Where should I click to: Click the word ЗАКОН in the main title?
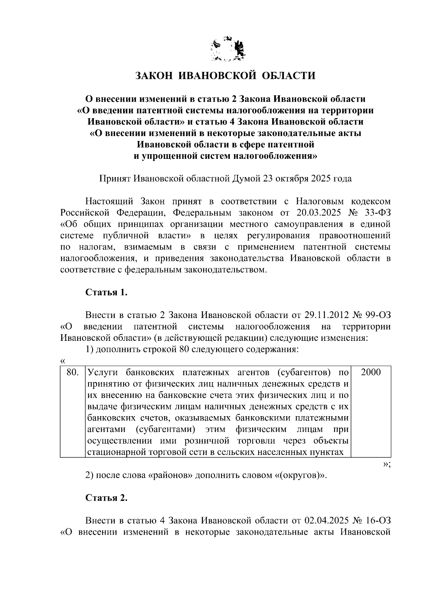(153, 76)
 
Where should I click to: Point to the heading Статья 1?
(106, 292)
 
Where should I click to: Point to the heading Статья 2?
(106, 498)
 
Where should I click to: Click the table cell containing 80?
(72, 372)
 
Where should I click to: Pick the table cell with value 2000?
(371, 372)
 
